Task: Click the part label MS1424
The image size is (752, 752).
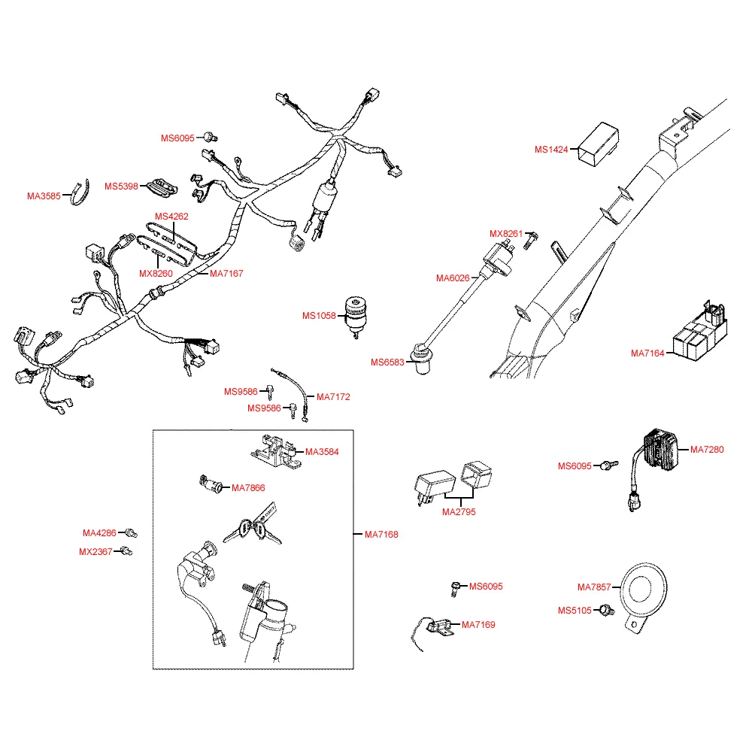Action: [x=551, y=150]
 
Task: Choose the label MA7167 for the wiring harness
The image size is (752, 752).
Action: [x=226, y=274]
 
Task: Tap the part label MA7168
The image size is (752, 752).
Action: [x=381, y=535]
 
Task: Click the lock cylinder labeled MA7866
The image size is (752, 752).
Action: [x=211, y=485]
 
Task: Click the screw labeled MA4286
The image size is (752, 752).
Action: [x=132, y=533]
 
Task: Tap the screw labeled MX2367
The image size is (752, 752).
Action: [x=126, y=552]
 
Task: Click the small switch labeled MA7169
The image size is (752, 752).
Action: [x=436, y=626]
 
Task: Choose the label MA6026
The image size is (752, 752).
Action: [x=453, y=278]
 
